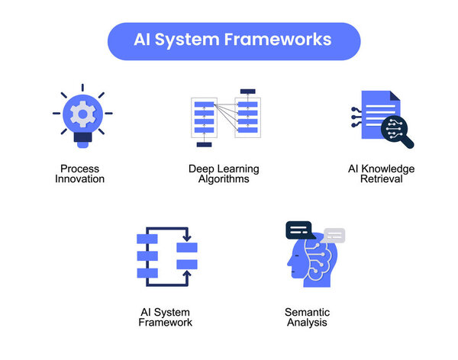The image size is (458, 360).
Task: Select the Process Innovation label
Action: pyautogui.click(x=81, y=174)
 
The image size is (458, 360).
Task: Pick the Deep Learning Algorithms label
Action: pyautogui.click(x=224, y=174)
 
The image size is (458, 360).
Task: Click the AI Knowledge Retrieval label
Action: pyautogui.click(x=382, y=174)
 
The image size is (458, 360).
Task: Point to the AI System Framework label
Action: pyautogui.click(x=166, y=317)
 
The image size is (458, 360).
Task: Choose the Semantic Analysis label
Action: pyautogui.click(x=307, y=317)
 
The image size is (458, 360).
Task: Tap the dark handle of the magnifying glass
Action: pyautogui.click(x=408, y=142)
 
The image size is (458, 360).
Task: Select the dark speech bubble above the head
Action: pyautogui.click(x=300, y=230)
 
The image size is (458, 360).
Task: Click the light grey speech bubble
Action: pyautogui.click(x=334, y=235)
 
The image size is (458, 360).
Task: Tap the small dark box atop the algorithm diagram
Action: pyautogui.click(x=247, y=92)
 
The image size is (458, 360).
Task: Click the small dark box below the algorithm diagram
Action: pyautogui.click(x=203, y=143)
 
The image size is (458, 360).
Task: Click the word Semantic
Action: pyautogui.click(x=307, y=312)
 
